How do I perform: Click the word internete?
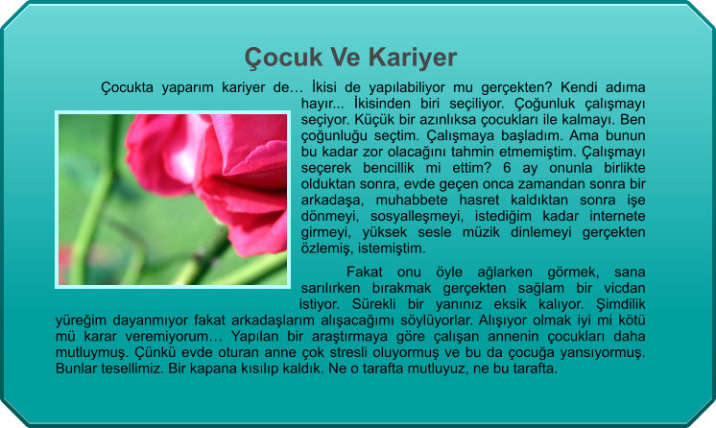tap(617, 216)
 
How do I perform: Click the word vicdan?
tap(625, 288)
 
